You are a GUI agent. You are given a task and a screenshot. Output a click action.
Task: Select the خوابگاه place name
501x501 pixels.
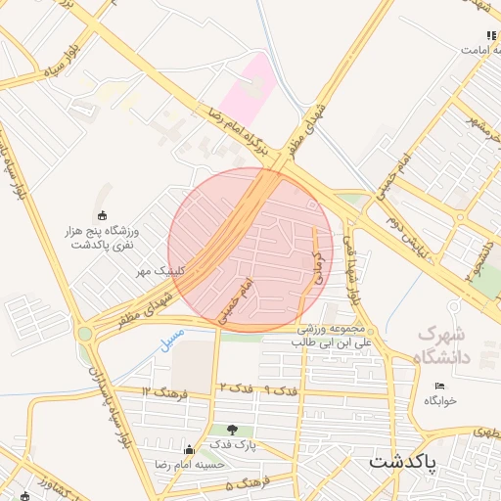coord(440,401)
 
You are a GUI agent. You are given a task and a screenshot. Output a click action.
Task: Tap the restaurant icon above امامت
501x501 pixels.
coord(491,36)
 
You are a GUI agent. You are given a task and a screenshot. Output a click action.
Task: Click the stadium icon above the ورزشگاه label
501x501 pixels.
coord(102,215)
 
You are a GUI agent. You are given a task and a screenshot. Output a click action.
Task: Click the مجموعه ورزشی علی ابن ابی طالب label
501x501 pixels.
coord(336,336)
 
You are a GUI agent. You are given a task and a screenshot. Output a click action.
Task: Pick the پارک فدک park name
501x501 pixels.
coord(232,445)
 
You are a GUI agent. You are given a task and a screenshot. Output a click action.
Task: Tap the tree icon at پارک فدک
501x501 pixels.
coord(232,430)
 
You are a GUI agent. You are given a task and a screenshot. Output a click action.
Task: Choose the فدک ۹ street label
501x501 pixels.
coord(281,390)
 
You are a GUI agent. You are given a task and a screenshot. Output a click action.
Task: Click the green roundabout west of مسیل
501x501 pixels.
coord(85,334)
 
